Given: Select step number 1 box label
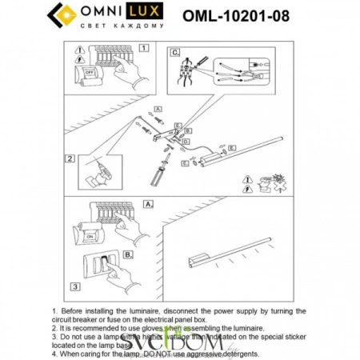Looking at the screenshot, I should (x=143, y=48).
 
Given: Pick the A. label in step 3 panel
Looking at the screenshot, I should (x=148, y=204).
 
